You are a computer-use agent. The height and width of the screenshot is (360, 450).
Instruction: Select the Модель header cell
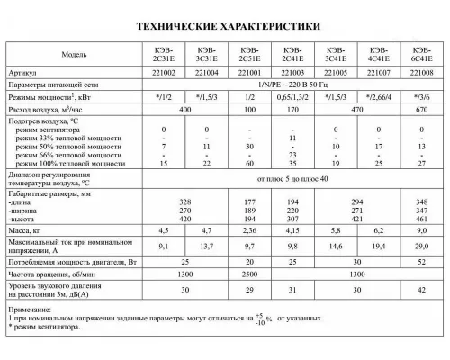click(74, 55)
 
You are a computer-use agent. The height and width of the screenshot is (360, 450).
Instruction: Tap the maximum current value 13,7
click(206, 246)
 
